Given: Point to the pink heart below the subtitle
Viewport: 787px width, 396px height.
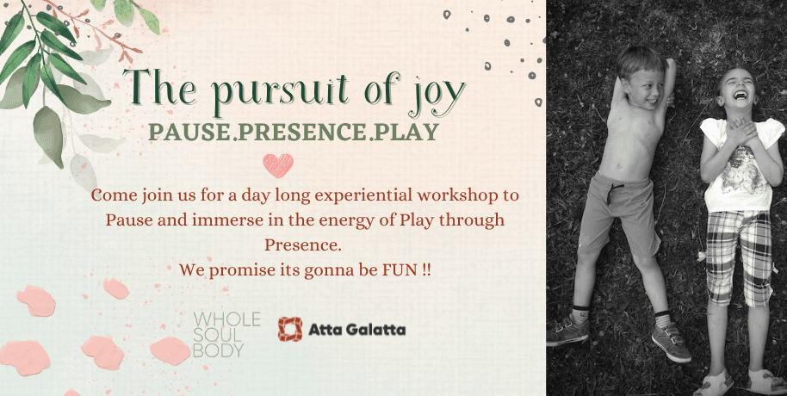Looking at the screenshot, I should pyautogui.click(x=278, y=164).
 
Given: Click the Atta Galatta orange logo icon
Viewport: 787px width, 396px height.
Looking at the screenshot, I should pyautogui.click(x=290, y=329).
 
